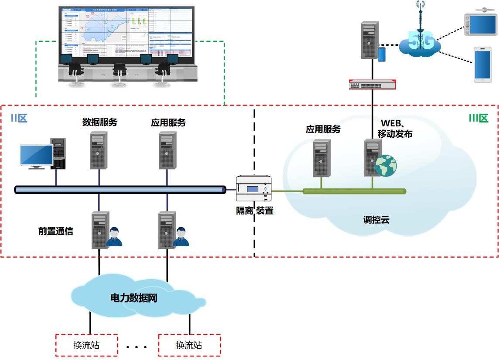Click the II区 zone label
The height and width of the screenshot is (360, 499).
(19, 118)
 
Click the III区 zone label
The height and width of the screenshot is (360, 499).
(478, 118)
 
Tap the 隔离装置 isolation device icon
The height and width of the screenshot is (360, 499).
(253, 189)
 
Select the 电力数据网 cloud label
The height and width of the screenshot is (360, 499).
(133, 299)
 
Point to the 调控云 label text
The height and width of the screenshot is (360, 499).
(376, 220)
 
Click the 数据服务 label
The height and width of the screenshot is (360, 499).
(100, 122)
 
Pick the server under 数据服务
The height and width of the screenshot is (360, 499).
(99, 150)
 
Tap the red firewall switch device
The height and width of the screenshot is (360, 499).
(373, 84)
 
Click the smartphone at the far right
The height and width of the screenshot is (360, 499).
(482, 65)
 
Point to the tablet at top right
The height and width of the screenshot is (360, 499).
(480, 24)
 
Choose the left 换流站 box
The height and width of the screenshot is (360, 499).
(86, 345)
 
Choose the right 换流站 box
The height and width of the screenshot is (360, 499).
(189, 345)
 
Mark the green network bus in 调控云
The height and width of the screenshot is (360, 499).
(354, 191)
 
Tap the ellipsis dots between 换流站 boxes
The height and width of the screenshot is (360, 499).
(137, 347)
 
